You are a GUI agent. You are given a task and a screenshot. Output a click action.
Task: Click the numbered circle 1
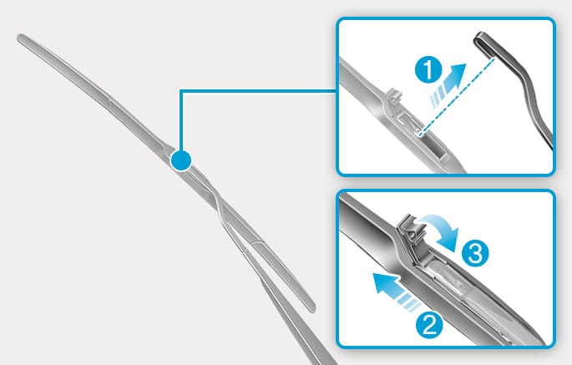tap(428, 70)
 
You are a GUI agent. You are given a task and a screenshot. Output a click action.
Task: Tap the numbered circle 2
tap(429, 324)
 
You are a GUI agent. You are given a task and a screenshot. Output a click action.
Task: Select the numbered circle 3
tap(475, 253)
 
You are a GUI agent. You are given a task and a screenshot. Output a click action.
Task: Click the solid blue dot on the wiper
tap(180, 160)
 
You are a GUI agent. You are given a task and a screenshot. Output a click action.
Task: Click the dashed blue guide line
tap(458, 95)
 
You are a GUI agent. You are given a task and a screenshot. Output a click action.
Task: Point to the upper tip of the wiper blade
tap(20, 38)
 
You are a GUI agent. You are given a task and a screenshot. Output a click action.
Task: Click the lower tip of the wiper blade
tap(312, 309)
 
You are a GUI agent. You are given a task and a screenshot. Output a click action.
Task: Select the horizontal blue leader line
tap(258, 91)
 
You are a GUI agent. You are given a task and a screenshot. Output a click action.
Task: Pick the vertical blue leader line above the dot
tap(181, 120)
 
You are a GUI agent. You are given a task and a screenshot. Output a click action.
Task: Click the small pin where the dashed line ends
tap(422, 134)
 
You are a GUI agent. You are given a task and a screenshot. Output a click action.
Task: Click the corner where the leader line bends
tap(181, 91)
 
